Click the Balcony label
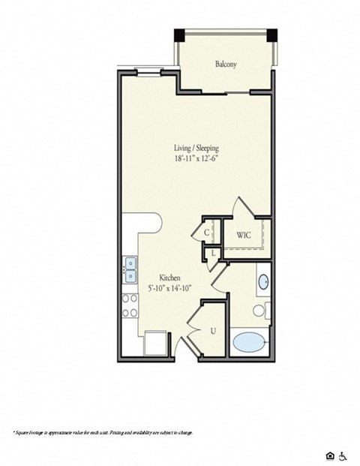[x=226, y=65]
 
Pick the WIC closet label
[x=243, y=236]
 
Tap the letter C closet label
[x=207, y=233]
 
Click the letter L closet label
[x=214, y=253]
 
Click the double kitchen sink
[x=130, y=264]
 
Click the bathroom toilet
[x=259, y=309]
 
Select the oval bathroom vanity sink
[x=265, y=283]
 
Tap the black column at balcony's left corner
[x=179, y=35]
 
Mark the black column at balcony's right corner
[x=273, y=35]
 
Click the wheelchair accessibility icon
[x=343, y=434]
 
